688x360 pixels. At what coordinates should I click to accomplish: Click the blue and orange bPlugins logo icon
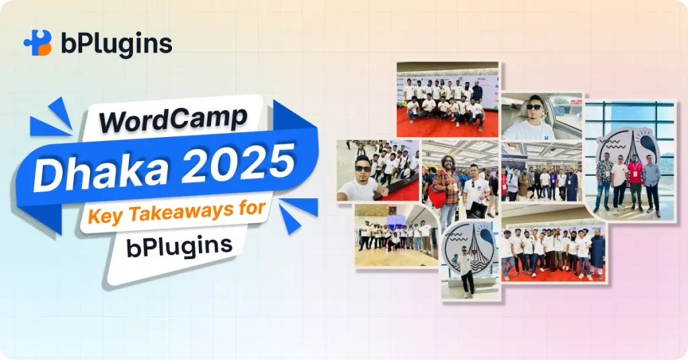tap(38, 43)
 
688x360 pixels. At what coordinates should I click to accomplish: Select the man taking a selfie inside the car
tap(531, 119)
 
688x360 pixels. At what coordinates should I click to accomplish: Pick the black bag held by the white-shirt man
tap(478, 208)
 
